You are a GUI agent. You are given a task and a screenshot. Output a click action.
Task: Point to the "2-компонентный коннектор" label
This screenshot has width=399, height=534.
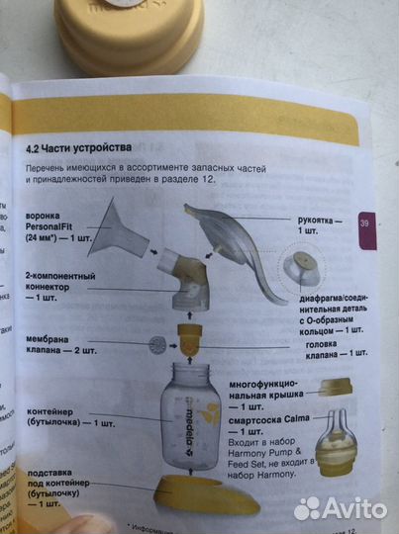click(x=59, y=283)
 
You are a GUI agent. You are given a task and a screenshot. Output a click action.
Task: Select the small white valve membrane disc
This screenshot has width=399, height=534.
click(x=156, y=347)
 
